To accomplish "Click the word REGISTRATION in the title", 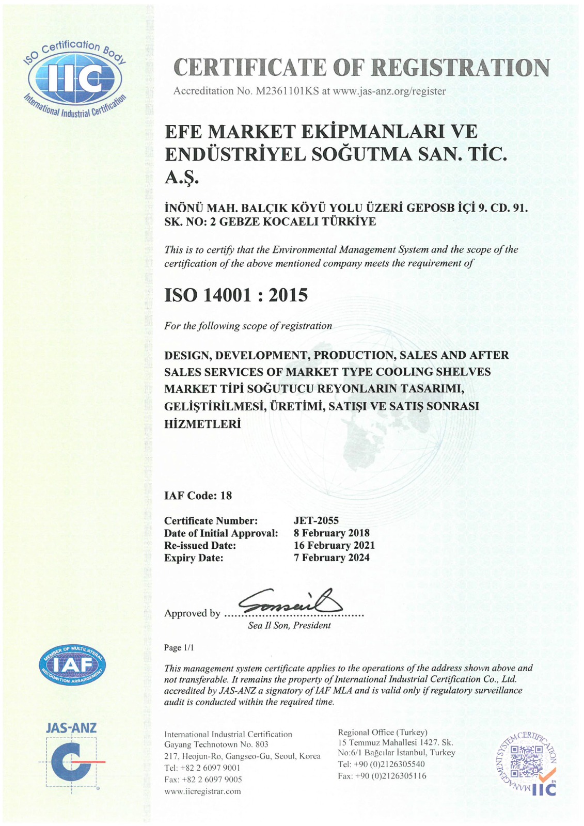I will pyautogui.click(x=461, y=68).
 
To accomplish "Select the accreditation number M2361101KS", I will pyautogui.click(x=286, y=91).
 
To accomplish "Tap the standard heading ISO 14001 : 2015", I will pyautogui.click(x=235, y=295).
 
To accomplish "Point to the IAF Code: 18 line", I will pyautogui.click(x=198, y=496).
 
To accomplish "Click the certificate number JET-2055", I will pyautogui.click(x=316, y=520).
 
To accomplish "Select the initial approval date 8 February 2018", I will pyautogui.click(x=332, y=533).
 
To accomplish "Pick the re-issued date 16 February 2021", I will pyautogui.click(x=334, y=545).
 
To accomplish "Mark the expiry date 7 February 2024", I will pyautogui.click(x=332, y=558).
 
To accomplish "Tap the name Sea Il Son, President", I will pyautogui.click(x=289, y=625).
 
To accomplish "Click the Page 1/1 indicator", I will pyautogui.click(x=179, y=648).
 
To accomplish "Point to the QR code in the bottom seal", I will pyautogui.click(x=526, y=758).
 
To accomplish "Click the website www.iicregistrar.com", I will pyautogui.click(x=202, y=791).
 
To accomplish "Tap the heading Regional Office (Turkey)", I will pyautogui.click(x=382, y=732).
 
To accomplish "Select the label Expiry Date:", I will pyautogui.click(x=194, y=558).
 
